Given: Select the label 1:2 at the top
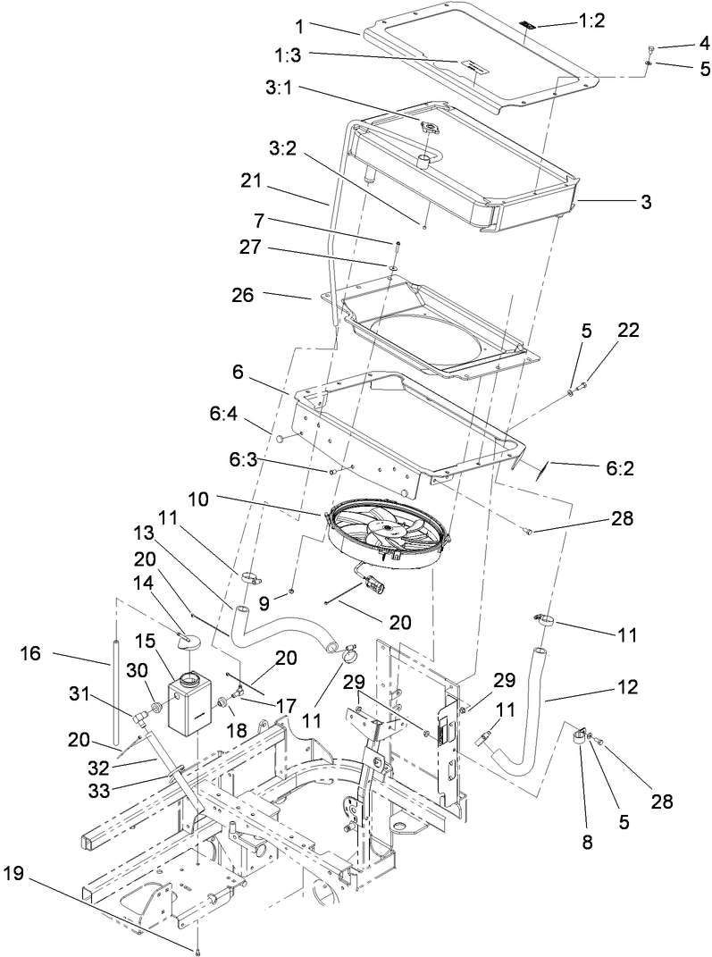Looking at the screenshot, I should (x=591, y=21).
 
